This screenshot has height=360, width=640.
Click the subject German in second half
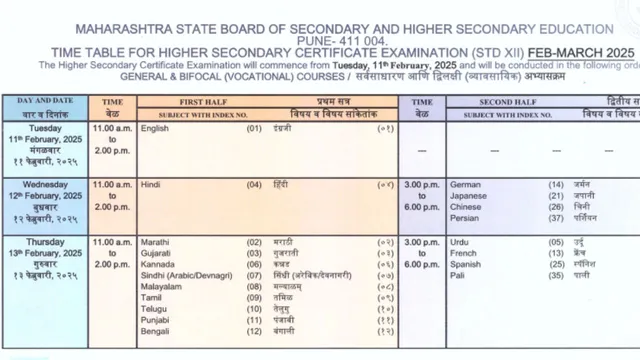click(x=467, y=185)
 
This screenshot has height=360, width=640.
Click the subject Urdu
click(x=461, y=242)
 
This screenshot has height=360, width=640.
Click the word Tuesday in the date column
click(x=44, y=129)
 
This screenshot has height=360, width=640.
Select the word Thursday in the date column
click(x=44, y=242)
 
